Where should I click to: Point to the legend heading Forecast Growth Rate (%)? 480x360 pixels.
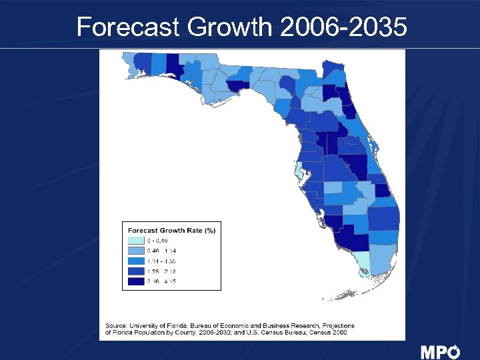(x=171, y=230)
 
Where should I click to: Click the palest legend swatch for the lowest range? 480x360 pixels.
(x=135, y=240)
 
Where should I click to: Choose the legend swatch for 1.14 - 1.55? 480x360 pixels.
(x=135, y=261)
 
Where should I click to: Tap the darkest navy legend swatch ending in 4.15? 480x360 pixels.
(x=135, y=281)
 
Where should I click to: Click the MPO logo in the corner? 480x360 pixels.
(x=440, y=351)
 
